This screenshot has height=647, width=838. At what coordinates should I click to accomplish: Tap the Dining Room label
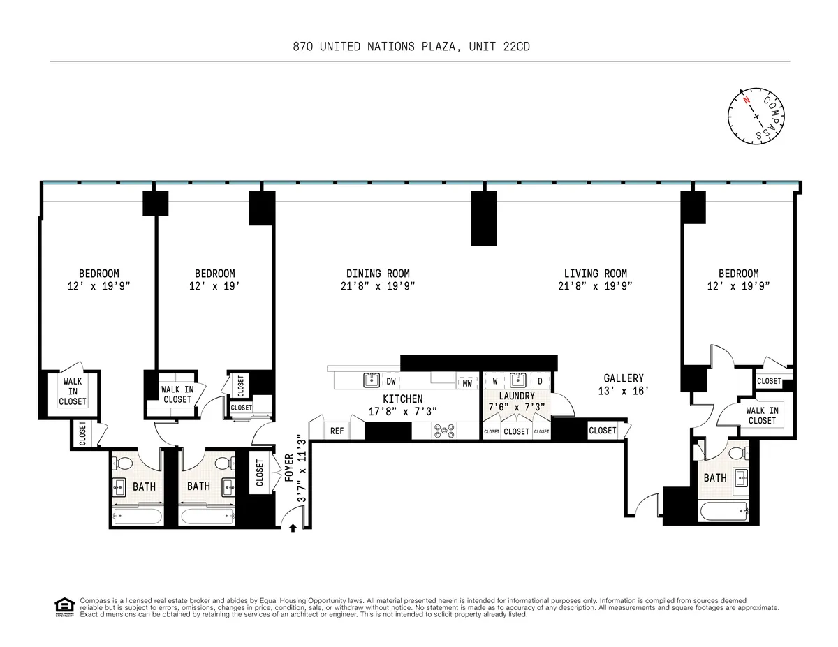click(x=378, y=274)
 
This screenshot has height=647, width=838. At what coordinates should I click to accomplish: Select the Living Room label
click(x=595, y=274)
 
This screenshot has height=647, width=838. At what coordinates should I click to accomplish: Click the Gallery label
click(x=623, y=379)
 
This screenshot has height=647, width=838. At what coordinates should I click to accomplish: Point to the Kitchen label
click(x=402, y=399)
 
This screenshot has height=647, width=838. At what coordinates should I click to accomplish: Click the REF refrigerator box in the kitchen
click(x=337, y=431)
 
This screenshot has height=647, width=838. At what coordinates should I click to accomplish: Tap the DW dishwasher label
click(x=391, y=381)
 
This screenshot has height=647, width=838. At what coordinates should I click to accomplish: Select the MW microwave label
click(x=467, y=383)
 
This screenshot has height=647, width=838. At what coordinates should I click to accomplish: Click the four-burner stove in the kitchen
click(x=443, y=431)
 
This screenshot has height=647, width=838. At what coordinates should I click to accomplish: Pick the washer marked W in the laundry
click(x=494, y=381)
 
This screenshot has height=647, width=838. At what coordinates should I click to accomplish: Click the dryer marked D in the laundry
click(x=540, y=381)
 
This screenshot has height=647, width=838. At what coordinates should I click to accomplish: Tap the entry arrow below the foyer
click(x=293, y=528)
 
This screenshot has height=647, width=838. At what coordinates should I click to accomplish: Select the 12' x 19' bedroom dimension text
click(x=214, y=285)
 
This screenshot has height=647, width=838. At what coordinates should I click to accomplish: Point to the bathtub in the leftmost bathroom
click(x=138, y=516)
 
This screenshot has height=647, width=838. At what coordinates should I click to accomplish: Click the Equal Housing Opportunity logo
click(x=64, y=607)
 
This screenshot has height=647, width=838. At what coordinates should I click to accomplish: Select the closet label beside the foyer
click(x=260, y=473)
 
